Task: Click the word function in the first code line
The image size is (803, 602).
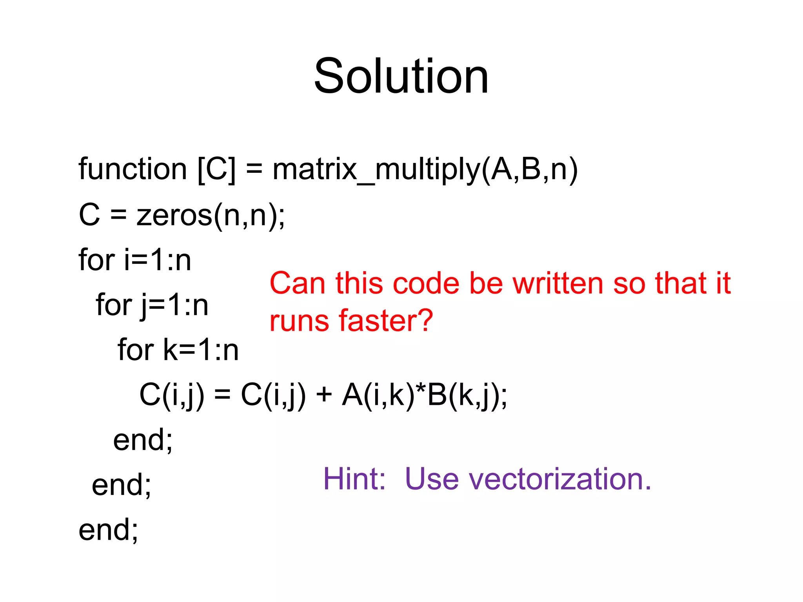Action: click(x=133, y=169)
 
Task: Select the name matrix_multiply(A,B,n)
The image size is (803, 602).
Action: click(x=425, y=169)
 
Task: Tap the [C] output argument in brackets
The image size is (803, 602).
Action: click(x=217, y=169)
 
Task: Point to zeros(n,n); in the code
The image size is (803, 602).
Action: click(x=211, y=215)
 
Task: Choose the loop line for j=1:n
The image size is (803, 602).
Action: click(x=152, y=305)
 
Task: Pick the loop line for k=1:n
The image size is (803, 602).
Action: click(x=178, y=350)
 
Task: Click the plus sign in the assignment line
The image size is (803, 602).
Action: click(x=324, y=395)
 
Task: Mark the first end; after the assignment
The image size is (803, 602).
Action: click(x=143, y=440)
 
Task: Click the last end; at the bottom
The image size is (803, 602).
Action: click(x=108, y=530)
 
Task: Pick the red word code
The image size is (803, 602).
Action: click(x=426, y=283)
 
